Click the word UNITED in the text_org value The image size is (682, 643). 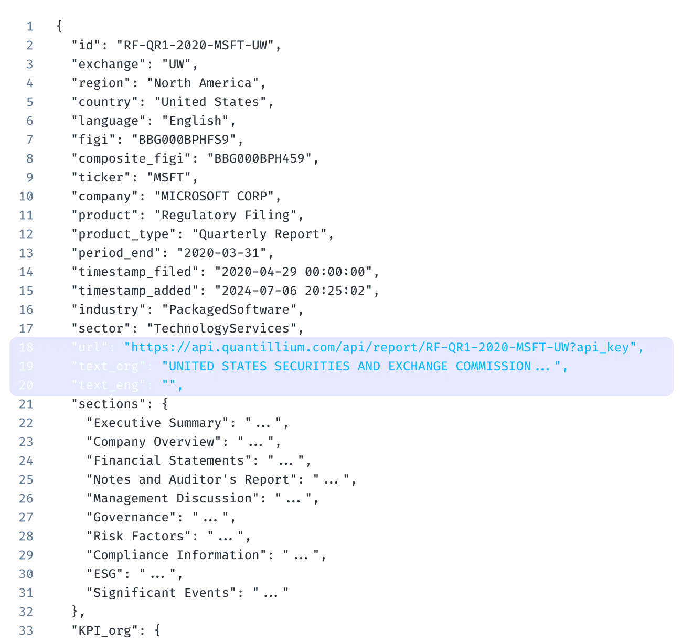pyautogui.click(x=191, y=366)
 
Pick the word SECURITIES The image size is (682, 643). pyautogui.click(x=312, y=366)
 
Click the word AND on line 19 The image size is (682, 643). pyautogui.click(x=369, y=366)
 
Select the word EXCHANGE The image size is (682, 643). pyautogui.click(x=418, y=366)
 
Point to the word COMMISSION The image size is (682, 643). pyautogui.click(x=493, y=366)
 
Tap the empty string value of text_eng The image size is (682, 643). pyautogui.click(x=169, y=385)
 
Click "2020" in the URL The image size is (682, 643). pyautogui.click(x=493, y=347)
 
